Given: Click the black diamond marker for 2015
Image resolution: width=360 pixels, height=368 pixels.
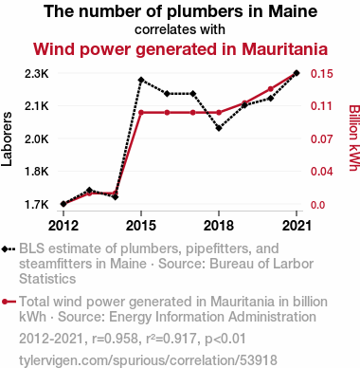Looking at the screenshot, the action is coord(141,80).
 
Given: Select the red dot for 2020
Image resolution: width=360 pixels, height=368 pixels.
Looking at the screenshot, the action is coord(271,89).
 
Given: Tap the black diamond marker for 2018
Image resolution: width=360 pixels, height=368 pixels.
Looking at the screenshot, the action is coord(219,128).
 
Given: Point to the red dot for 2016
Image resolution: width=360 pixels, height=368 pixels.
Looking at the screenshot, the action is coord(167,113).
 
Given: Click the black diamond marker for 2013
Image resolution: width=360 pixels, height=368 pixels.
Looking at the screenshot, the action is coord(89,190).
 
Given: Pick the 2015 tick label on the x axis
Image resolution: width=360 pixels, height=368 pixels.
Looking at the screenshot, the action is coord(141,226).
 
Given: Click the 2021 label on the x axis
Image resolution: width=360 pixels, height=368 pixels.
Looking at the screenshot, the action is coord(297,226).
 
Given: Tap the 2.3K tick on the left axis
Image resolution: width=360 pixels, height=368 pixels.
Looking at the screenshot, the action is coord(37,74).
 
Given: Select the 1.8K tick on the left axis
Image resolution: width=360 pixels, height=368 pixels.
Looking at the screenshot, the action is coord(37,172).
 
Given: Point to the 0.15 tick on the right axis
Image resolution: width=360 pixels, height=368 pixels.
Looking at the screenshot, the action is coord(322,74).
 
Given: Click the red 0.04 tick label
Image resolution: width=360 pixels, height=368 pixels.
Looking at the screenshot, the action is coord(322,172).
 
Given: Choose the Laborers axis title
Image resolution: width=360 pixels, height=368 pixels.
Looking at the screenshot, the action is coord(7,138).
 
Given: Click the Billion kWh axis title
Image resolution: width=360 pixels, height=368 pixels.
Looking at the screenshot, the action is coord(354,138).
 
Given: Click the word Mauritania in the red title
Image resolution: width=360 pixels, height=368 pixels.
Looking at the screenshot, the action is coord(284,49).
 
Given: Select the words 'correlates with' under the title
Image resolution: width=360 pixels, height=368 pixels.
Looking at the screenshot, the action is coord(180,29).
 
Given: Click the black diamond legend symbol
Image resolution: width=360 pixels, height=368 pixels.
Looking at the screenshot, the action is coord(9,249).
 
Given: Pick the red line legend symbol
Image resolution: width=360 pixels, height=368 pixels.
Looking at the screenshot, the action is coord(9,302).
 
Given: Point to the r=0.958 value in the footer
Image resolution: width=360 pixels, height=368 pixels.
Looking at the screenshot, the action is coord(115,339).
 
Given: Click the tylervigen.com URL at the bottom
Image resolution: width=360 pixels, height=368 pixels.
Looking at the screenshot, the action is coord(148,360).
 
